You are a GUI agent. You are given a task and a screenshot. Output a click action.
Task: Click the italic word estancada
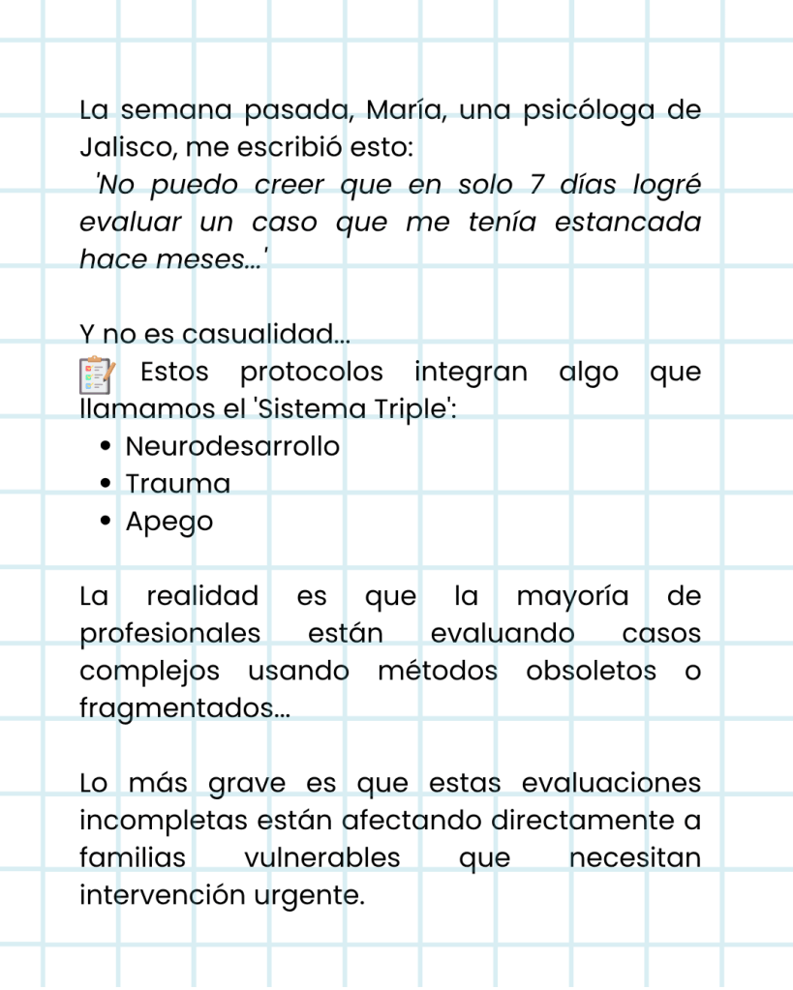point(627,222)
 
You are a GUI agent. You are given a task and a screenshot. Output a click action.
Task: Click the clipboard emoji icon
point(98,375)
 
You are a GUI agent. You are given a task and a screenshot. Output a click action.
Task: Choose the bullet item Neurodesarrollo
point(232,447)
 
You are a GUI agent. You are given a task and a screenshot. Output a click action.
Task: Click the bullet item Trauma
point(178,484)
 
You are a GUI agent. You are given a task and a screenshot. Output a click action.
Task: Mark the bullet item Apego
point(169,522)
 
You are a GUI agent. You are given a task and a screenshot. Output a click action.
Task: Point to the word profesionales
point(170,634)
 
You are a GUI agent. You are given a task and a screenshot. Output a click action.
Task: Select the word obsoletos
point(591,671)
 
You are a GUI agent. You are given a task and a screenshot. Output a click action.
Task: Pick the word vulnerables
point(322,857)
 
